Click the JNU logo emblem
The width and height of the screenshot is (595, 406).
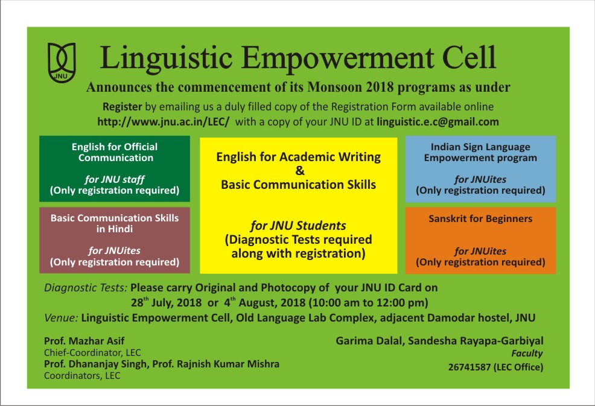(x=62, y=63)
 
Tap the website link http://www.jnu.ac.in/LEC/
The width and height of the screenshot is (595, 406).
(x=164, y=122)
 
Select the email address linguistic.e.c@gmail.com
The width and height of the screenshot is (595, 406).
(x=437, y=122)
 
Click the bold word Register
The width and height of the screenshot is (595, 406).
(x=122, y=107)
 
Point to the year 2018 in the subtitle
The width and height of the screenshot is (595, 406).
(x=380, y=87)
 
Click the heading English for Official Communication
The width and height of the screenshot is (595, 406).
(x=115, y=152)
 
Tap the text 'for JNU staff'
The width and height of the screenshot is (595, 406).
(x=115, y=179)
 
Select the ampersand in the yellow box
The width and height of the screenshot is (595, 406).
(x=300, y=171)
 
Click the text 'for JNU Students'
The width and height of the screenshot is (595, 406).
(x=298, y=226)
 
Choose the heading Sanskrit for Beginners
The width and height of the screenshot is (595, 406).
(x=480, y=218)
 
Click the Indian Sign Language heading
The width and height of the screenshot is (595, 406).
(x=480, y=147)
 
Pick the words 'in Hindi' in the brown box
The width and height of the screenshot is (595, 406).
(x=115, y=229)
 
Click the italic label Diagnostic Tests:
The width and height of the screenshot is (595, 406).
(x=85, y=288)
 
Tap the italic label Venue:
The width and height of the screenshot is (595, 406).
(x=61, y=317)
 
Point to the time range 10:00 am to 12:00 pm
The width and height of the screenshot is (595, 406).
(x=368, y=303)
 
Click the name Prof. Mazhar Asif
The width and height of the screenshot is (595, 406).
(x=84, y=341)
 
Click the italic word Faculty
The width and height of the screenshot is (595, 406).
(x=527, y=354)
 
